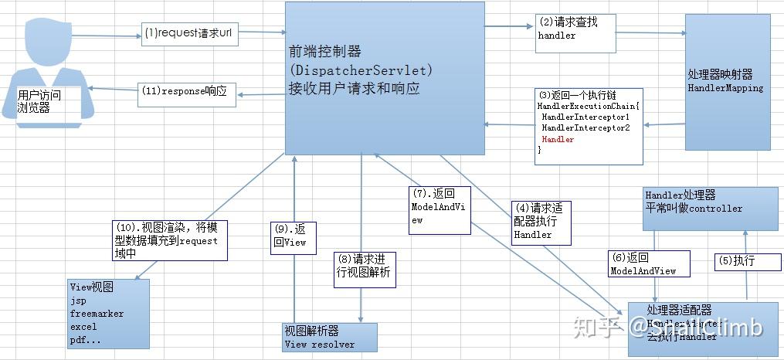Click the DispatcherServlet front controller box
point(385,77)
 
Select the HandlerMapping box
point(725,81)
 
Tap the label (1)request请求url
point(188,34)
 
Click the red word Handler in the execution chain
point(558,140)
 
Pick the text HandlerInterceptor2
point(585,127)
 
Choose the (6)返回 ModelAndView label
point(643,264)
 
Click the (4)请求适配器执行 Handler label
point(542,222)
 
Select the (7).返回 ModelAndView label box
point(440,209)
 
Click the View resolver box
point(330,338)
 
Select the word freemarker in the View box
point(97,314)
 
